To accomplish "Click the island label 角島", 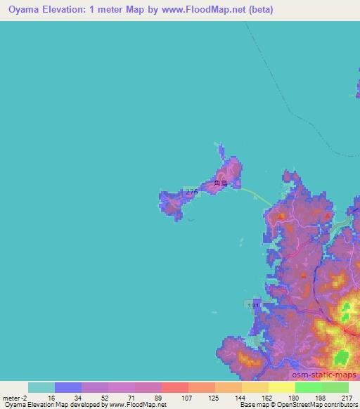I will [221, 183].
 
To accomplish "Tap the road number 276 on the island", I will [191, 190].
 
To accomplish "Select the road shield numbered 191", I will [254, 305].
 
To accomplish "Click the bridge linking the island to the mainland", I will [256, 196].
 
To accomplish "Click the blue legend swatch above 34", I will [68, 387].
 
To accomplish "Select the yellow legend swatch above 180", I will [282, 387].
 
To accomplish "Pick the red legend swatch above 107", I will [175, 387].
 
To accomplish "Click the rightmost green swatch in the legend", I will [335, 387].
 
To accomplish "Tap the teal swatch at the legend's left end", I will [41, 387].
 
